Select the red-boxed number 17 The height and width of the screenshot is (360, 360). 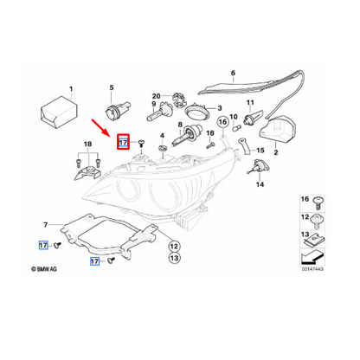(123, 142)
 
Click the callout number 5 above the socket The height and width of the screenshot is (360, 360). (110, 87)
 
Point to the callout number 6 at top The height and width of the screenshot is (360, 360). (233, 74)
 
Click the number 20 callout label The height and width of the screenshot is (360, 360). (156, 96)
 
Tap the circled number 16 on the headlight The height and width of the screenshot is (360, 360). (222, 123)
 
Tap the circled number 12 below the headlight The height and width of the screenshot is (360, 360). (174, 245)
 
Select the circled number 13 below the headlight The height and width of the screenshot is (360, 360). (174, 257)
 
